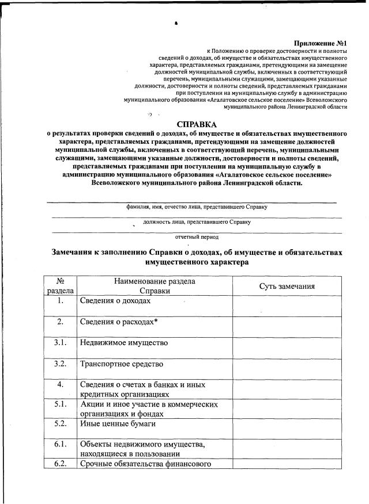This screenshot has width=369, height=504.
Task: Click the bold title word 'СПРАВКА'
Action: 197,124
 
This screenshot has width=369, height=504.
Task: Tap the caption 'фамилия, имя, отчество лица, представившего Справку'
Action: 197,207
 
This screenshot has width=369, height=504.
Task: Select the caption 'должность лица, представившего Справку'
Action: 197,222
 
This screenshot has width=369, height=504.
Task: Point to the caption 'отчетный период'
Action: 197,236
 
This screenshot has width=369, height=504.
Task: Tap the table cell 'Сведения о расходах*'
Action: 119,322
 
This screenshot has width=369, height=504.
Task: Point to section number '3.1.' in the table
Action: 61,343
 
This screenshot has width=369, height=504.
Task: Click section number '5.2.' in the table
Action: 61,425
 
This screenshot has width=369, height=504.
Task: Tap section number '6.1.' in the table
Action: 61,445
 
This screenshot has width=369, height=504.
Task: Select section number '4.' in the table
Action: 61,384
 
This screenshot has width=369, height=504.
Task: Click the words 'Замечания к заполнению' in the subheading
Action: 99,252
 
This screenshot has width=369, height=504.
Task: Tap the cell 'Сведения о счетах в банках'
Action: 142,384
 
